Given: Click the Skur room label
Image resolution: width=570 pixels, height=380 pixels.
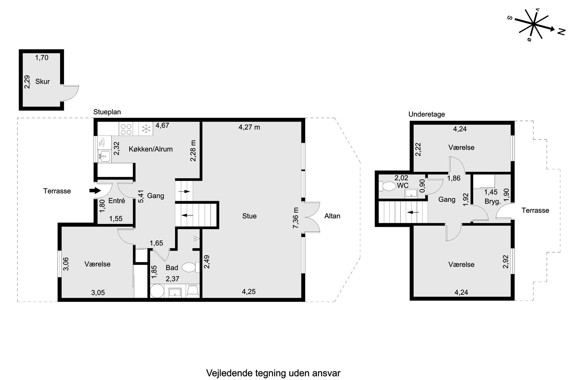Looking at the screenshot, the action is [43, 82].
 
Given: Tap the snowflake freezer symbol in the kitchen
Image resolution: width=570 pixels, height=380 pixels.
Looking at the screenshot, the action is [146, 129].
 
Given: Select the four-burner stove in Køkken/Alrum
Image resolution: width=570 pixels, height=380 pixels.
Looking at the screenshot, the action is [126, 129].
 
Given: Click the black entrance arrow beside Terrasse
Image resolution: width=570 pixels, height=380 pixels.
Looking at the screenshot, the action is [95, 190].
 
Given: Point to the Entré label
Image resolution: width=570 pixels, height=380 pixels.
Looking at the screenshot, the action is [117, 201].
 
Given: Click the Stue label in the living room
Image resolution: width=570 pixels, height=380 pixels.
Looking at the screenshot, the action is [249, 216].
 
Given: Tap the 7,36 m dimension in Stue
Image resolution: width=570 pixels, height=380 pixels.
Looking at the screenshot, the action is [296, 218].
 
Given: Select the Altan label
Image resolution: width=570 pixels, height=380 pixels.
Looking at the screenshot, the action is [332, 216].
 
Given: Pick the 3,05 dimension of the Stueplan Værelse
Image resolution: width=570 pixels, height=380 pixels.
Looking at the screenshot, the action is [98, 293].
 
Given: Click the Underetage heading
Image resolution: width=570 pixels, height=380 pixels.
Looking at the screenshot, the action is [427, 114].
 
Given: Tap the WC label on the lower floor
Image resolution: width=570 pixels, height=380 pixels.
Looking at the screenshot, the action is [403, 186].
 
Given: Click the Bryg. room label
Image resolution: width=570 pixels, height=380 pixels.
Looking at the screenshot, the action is [493, 202].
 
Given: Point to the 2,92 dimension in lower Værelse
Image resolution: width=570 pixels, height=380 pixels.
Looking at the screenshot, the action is [506, 262].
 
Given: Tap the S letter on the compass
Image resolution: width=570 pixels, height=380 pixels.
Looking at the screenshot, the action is [510, 18].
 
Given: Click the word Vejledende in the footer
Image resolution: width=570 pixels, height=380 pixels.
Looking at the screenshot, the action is [229, 373].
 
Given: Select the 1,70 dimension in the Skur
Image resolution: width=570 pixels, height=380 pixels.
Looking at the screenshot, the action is [42, 58].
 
